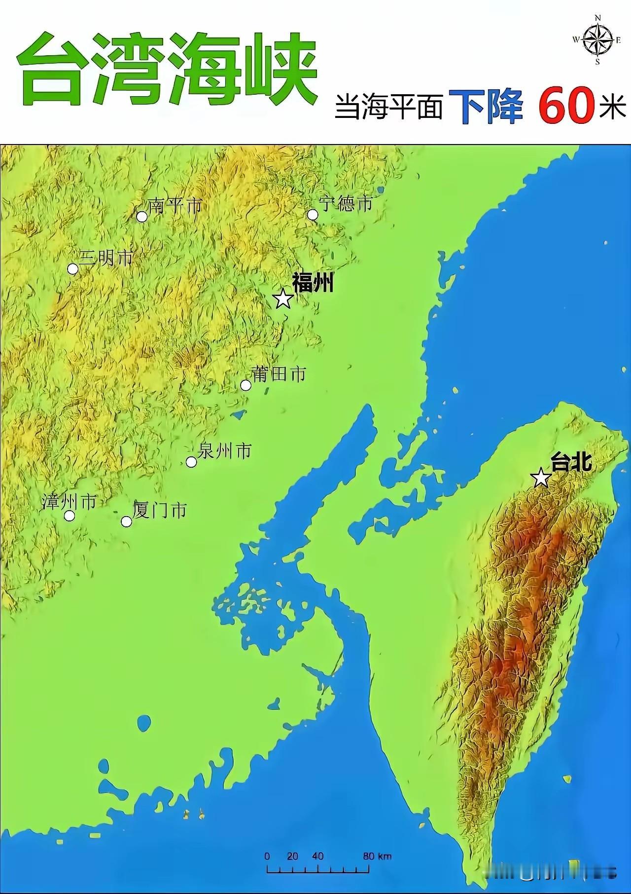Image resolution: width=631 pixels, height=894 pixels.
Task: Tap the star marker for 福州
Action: tap(283, 298)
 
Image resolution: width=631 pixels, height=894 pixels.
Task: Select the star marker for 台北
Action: tap(541, 478)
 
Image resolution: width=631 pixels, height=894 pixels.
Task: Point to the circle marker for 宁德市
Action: tap(313, 215)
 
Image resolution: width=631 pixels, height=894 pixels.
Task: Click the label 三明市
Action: tap(106, 258)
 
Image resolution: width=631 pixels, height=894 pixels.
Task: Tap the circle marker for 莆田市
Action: tap(245, 385)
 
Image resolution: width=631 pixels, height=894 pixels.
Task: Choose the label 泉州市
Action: tap(224, 450)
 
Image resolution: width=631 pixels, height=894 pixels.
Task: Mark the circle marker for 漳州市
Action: tap(70, 516)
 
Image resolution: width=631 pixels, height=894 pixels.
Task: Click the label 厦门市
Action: tap(160, 510)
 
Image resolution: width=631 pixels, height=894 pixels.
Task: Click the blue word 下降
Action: tap(486, 106)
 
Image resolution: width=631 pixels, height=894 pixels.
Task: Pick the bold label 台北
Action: tap(570, 463)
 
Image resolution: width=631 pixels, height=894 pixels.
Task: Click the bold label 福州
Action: tap(313, 283)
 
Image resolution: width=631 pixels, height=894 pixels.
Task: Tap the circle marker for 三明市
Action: tap(72, 269)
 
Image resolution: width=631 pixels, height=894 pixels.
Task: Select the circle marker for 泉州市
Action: tap(191, 462)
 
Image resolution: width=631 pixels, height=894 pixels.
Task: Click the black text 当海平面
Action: tap(388, 107)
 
